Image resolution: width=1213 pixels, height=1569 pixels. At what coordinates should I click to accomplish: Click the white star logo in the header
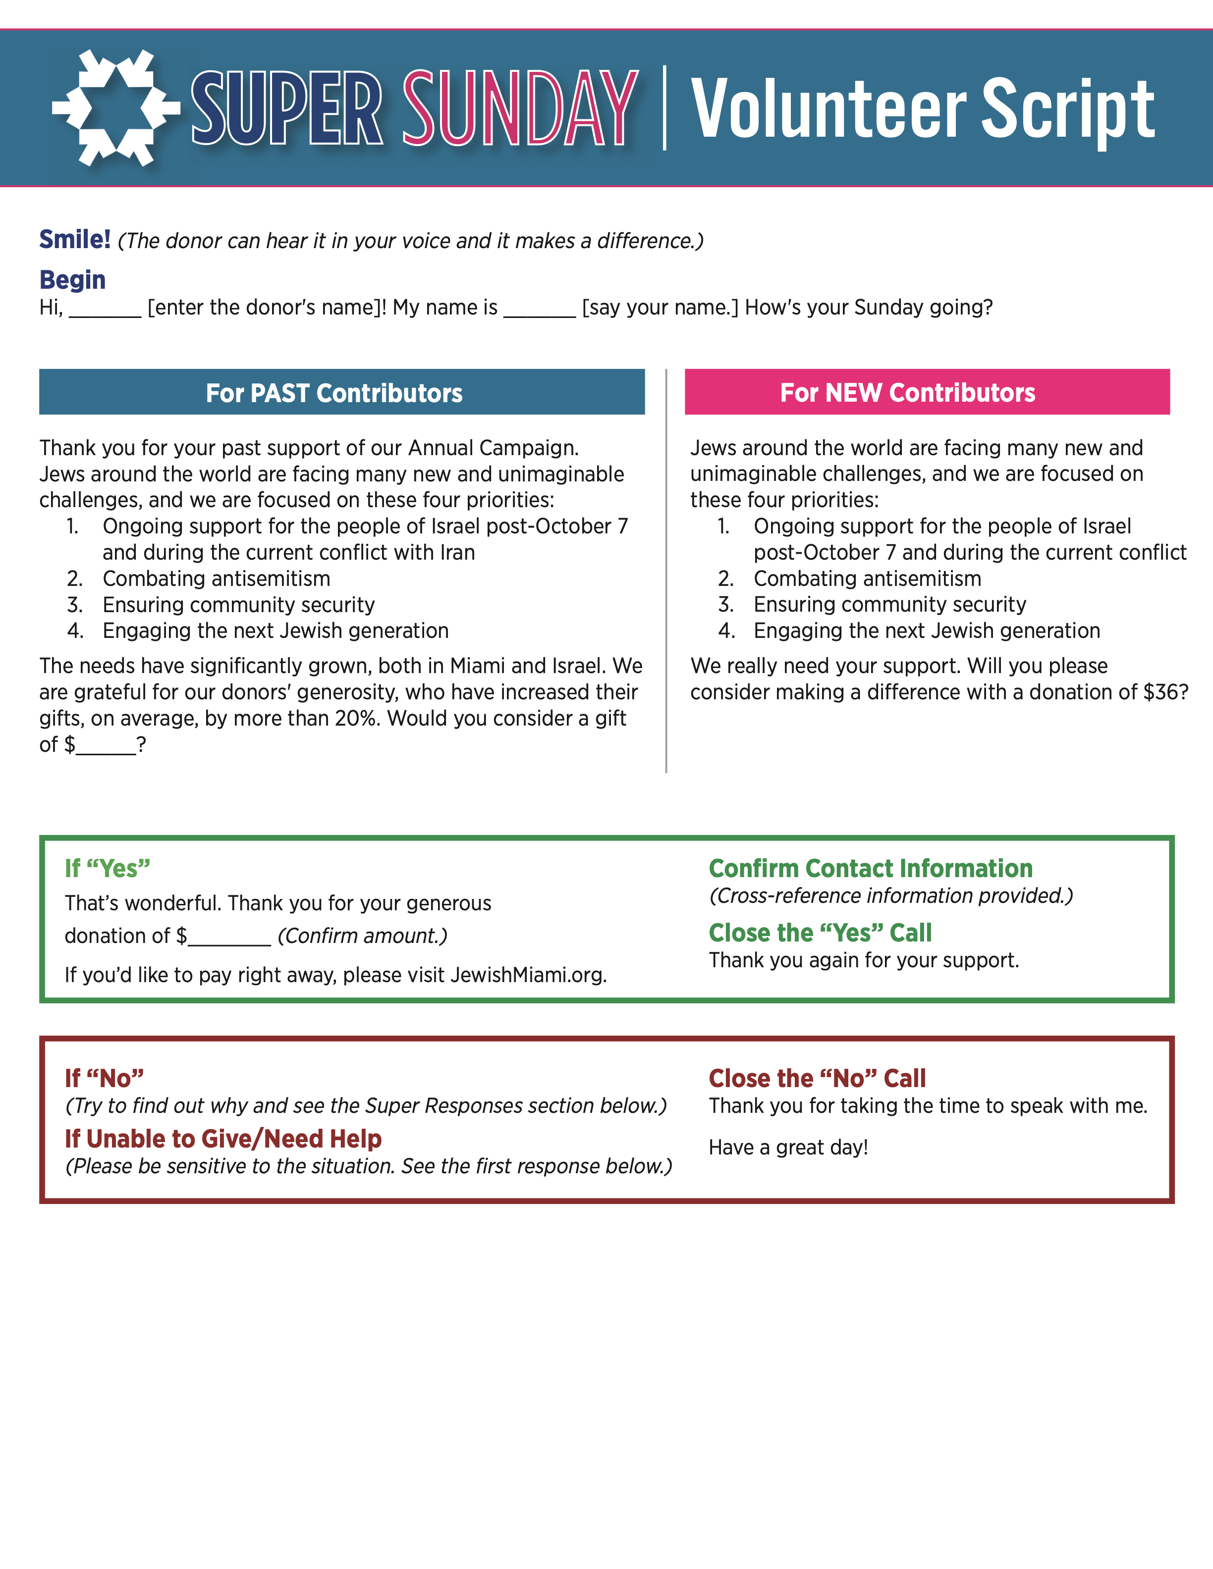click(x=115, y=108)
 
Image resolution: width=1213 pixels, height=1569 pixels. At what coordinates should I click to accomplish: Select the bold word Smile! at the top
click(x=75, y=239)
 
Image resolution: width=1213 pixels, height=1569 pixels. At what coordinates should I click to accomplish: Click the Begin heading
click(x=72, y=279)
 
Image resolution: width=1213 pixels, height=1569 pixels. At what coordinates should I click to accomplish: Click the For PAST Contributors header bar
click(x=341, y=392)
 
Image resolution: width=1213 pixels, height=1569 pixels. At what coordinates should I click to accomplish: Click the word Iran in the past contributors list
click(x=457, y=552)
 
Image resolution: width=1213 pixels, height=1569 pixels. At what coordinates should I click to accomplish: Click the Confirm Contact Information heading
click(x=870, y=869)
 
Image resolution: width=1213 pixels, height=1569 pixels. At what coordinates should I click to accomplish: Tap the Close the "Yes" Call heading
click(x=820, y=933)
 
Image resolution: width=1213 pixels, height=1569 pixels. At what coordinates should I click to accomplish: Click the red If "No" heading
click(x=104, y=1078)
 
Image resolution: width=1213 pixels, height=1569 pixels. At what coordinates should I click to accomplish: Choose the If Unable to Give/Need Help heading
click(x=223, y=1139)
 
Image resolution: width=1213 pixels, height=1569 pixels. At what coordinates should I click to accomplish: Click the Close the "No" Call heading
click(x=817, y=1078)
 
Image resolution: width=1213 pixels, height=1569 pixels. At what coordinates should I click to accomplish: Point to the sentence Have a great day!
click(x=788, y=1148)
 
